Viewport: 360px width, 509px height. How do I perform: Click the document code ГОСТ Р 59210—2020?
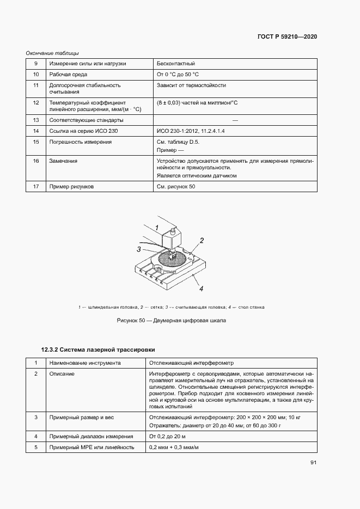(286, 37)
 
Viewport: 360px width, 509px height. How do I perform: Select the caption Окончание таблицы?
(52, 53)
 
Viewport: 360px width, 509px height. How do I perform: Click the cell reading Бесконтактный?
(175, 64)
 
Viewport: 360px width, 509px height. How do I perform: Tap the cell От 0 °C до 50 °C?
(178, 74)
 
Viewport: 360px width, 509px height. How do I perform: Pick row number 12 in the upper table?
(36, 102)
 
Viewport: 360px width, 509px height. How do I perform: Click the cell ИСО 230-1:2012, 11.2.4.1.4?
(190, 131)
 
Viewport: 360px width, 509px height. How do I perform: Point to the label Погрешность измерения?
(80, 142)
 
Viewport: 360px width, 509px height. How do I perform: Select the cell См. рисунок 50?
(176, 187)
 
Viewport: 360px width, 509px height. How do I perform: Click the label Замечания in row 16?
(63, 161)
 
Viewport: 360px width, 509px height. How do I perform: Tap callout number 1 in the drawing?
(156, 227)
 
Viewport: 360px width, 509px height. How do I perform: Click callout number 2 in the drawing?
(202, 240)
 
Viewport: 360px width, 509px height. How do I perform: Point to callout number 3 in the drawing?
(139, 249)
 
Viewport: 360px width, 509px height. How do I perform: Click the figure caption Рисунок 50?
(171, 321)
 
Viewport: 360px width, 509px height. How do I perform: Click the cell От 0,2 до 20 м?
(168, 436)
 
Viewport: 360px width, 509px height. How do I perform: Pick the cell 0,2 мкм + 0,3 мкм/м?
(174, 447)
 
